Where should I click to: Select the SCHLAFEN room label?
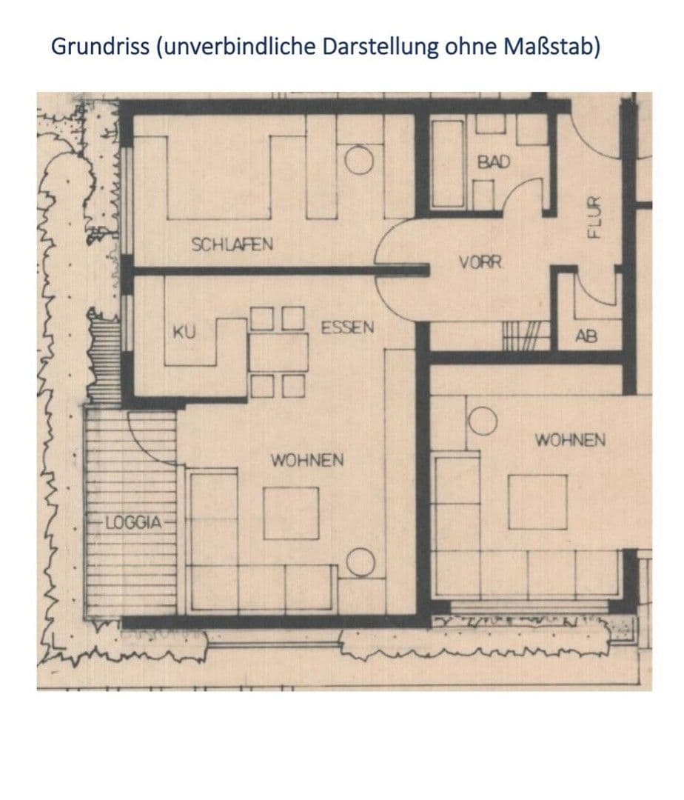tap(232, 244)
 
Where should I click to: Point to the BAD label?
tap(494, 161)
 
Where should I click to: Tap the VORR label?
tap(482, 261)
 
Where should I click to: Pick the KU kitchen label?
tap(183, 333)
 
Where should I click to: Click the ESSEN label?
tap(347, 327)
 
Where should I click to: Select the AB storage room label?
tap(586, 337)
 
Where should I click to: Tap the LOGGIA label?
tap(133, 521)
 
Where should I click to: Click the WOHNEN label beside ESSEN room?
tap(306, 460)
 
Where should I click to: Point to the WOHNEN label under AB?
tap(569, 440)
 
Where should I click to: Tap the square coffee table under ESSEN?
tap(292, 513)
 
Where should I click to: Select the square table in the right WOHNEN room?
tap(537, 501)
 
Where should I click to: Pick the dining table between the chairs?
tap(278, 353)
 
